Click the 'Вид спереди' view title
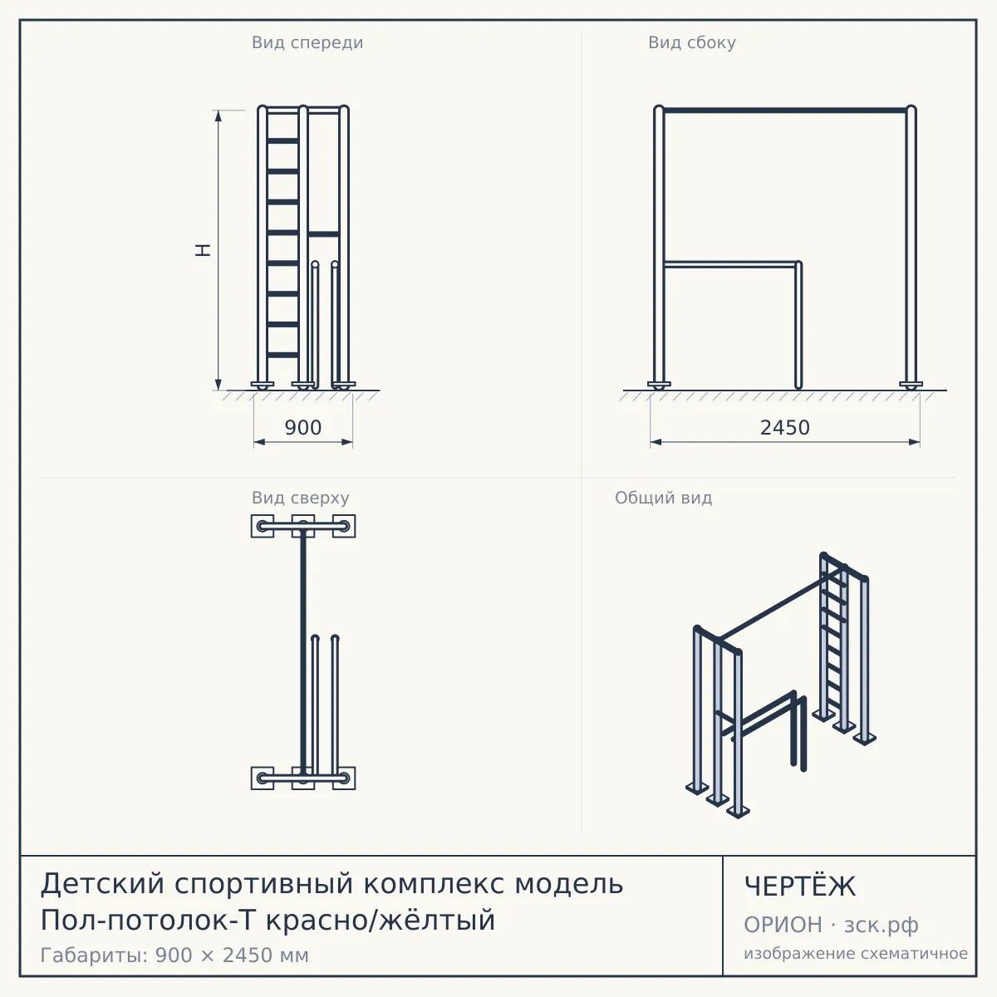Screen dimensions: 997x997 pyautogui.click(x=307, y=42)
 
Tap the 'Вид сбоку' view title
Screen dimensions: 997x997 pyautogui.click(x=692, y=42)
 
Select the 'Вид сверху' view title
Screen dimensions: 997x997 pyautogui.click(x=301, y=498)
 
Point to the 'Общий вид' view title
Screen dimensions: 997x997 pyautogui.click(x=663, y=498)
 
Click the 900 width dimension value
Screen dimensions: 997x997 pyautogui.click(x=303, y=427)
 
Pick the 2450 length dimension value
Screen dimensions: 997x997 pyautogui.click(x=785, y=427)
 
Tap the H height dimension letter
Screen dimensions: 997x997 pyautogui.click(x=203, y=250)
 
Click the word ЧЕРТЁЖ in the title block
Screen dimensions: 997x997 pyautogui.click(x=800, y=886)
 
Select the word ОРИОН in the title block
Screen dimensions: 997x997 pyautogui.click(x=783, y=925)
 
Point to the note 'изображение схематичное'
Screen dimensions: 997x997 pyautogui.click(x=856, y=954)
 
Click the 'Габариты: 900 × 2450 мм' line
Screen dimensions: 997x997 pyautogui.click(x=174, y=955)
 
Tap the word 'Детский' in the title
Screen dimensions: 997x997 pyautogui.click(x=102, y=884)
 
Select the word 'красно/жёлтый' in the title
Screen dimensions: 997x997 pyautogui.click(x=381, y=921)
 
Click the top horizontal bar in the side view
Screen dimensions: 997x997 pyautogui.click(x=785, y=111)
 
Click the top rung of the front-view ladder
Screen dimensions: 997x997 pyautogui.click(x=282, y=140)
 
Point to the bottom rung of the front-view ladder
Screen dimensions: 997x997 pyautogui.click(x=282, y=355)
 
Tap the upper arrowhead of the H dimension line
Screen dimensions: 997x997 pyautogui.click(x=219, y=115)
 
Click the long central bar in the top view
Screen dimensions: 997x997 pyautogui.click(x=303, y=653)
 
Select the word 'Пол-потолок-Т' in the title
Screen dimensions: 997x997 pyautogui.click(x=148, y=921)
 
